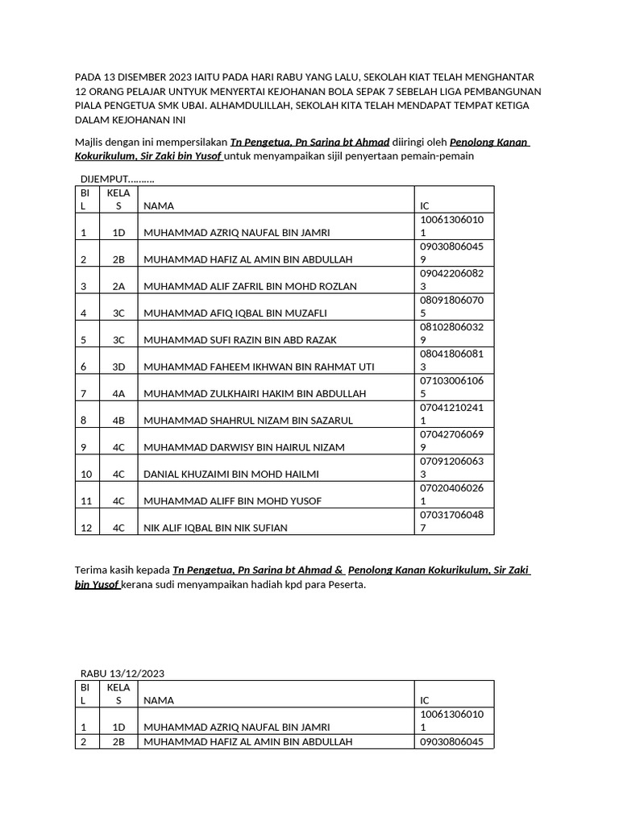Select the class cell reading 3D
point(118,367)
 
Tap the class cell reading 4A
point(118,394)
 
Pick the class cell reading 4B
point(118,421)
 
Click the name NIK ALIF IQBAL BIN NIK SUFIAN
point(215,528)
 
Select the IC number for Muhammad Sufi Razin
point(451,334)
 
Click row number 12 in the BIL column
point(85,528)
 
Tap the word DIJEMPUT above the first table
point(105,179)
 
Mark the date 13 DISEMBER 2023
point(146,76)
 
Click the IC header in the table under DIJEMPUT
point(426,205)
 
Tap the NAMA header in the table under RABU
point(158,701)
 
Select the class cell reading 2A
point(118,286)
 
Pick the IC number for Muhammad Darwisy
point(451,441)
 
